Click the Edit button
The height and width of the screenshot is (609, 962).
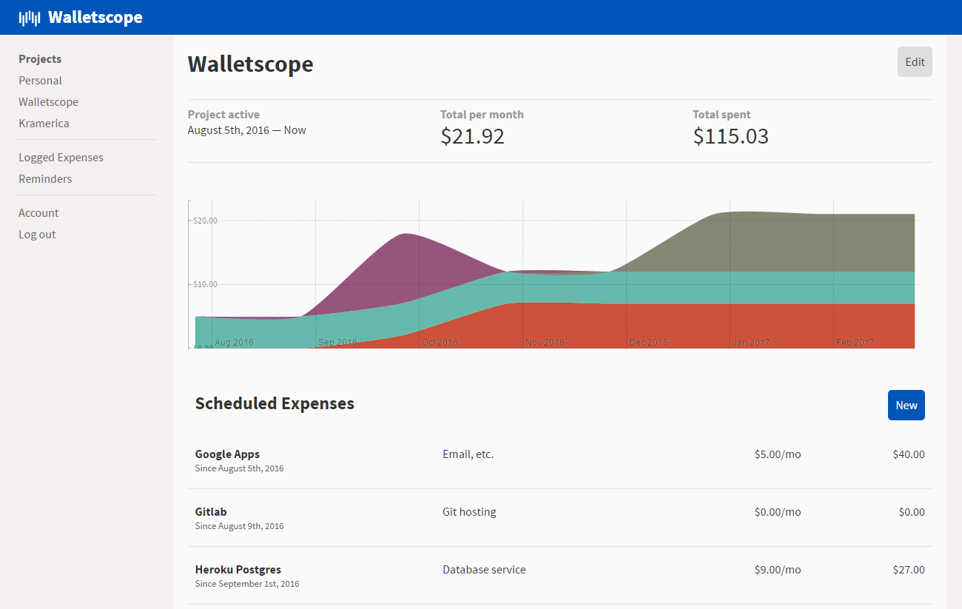tap(915, 62)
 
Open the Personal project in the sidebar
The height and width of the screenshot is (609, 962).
tap(40, 81)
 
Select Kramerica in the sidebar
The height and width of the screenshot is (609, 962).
tap(44, 124)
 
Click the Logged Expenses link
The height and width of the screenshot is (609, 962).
tap(61, 158)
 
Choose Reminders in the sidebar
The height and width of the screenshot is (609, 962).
tap(45, 179)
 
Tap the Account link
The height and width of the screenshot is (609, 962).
tap(38, 213)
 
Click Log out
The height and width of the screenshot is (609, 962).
tap(37, 235)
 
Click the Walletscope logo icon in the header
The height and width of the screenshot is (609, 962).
tap(30, 18)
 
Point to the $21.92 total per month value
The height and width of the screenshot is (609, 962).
tap(472, 136)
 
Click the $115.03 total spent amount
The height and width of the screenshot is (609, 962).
tap(730, 136)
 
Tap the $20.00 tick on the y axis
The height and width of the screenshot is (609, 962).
tap(204, 221)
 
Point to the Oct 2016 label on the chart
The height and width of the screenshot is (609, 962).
tap(440, 343)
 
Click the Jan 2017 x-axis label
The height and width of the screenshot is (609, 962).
tap(751, 343)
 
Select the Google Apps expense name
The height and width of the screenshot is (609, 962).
tap(227, 454)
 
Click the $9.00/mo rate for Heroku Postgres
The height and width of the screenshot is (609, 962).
tap(777, 570)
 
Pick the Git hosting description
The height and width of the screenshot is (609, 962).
tap(469, 512)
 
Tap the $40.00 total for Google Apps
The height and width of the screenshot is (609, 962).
tap(908, 454)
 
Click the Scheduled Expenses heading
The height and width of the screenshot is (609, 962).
tap(275, 403)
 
